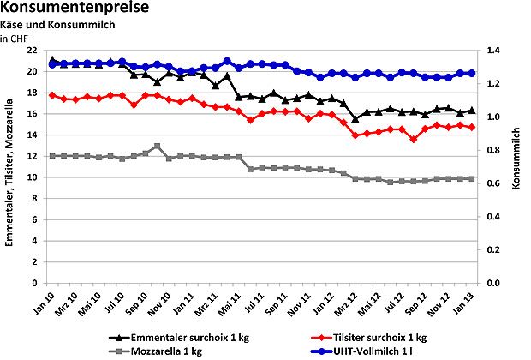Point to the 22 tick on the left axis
pos(34,51)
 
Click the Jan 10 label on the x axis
pos(51,298)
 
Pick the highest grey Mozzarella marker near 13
pos(157,147)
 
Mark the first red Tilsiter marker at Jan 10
pos(52,95)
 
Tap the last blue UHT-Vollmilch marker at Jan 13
pos(471,74)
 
